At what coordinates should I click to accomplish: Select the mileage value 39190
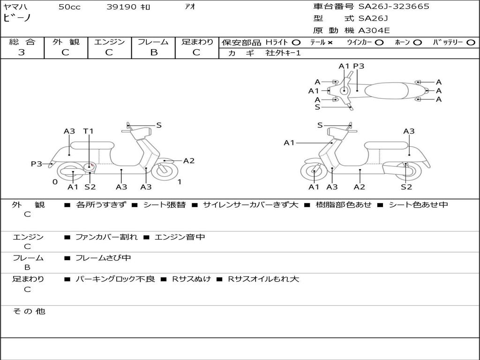pos(121,7)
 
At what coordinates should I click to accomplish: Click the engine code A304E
pos(374,31)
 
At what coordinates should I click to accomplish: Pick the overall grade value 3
pos(22,52)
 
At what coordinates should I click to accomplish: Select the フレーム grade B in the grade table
pos(153,52)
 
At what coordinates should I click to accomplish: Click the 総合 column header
pos(22,42)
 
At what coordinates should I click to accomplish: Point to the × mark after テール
pos(330,42)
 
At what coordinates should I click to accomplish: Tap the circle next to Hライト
pos(296,42)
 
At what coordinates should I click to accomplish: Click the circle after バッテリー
pos(471,42)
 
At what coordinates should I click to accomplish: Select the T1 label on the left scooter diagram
pos(88,131)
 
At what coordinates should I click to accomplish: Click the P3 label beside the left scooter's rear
pos(37,164)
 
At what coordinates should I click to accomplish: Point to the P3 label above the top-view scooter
pos(359,66)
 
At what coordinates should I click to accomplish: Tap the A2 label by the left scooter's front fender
pos(188,161)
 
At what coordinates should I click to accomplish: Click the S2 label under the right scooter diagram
pos(406,187)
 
